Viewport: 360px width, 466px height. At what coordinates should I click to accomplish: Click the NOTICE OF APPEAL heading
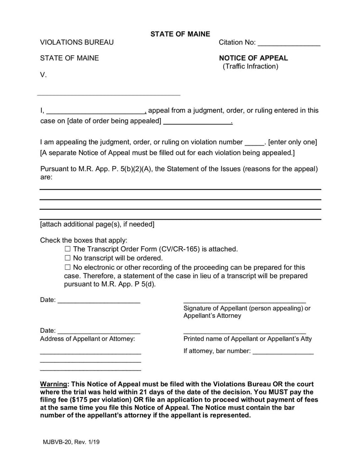click(x=253, y=58)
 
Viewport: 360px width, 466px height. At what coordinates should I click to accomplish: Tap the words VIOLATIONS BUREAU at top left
click(x=77, y=42)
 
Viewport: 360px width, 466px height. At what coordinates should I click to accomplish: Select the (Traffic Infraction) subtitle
click(x=251, y=67)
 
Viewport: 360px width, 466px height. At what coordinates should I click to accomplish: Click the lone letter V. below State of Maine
click(x=43, y=75)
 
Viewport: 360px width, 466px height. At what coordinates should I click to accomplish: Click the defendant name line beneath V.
click(x=108, y=95)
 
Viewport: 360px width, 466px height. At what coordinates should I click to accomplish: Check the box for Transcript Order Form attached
click(x=68, y=249)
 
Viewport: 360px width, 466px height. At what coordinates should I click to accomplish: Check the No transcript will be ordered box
click(x=68, y=258)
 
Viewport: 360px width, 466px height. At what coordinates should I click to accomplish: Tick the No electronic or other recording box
click(x=68, y=267)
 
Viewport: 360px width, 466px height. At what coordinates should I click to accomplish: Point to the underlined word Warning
click(x=54, y=385)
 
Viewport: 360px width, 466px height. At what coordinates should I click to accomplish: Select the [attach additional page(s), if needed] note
click(x=97, y=224)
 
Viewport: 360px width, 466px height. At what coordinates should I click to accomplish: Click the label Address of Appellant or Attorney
click(x=87, y=339)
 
